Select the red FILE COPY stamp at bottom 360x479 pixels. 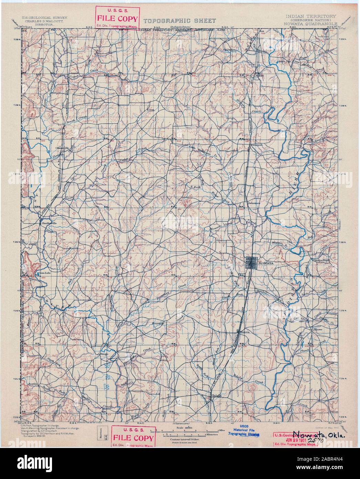132,436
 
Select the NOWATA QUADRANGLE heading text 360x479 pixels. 310,24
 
